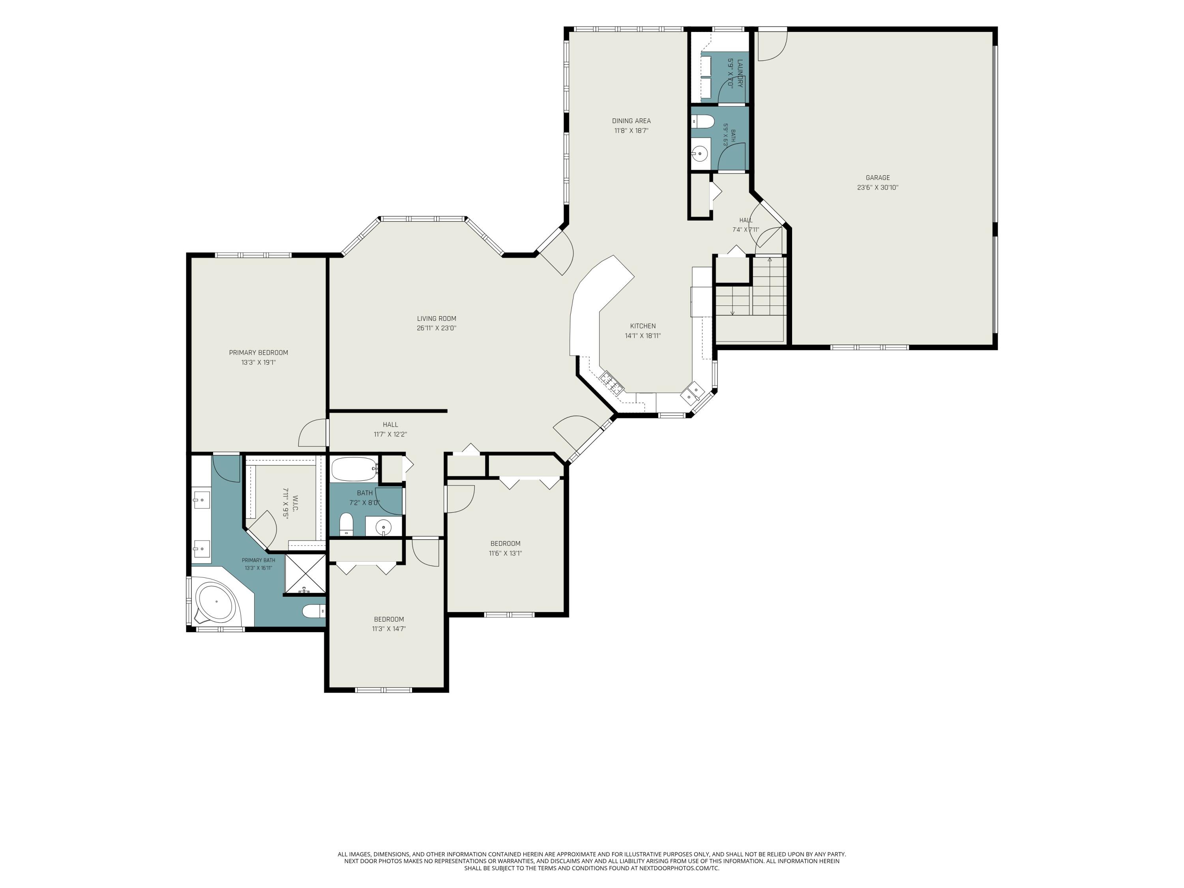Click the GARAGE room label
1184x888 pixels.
(877, 178)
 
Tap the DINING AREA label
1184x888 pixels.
(631, 121)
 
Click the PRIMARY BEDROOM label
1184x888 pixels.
(259, 353)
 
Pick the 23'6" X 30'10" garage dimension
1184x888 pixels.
(877, 188)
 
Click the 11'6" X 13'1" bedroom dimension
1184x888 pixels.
(505, 553)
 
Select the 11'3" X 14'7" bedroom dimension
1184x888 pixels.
(389, 629)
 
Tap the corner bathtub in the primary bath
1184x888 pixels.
(216, 601)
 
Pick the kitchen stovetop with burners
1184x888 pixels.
(611, 381)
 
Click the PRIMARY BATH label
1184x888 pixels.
(259, 560)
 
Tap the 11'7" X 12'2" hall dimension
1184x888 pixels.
(390, 435)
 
